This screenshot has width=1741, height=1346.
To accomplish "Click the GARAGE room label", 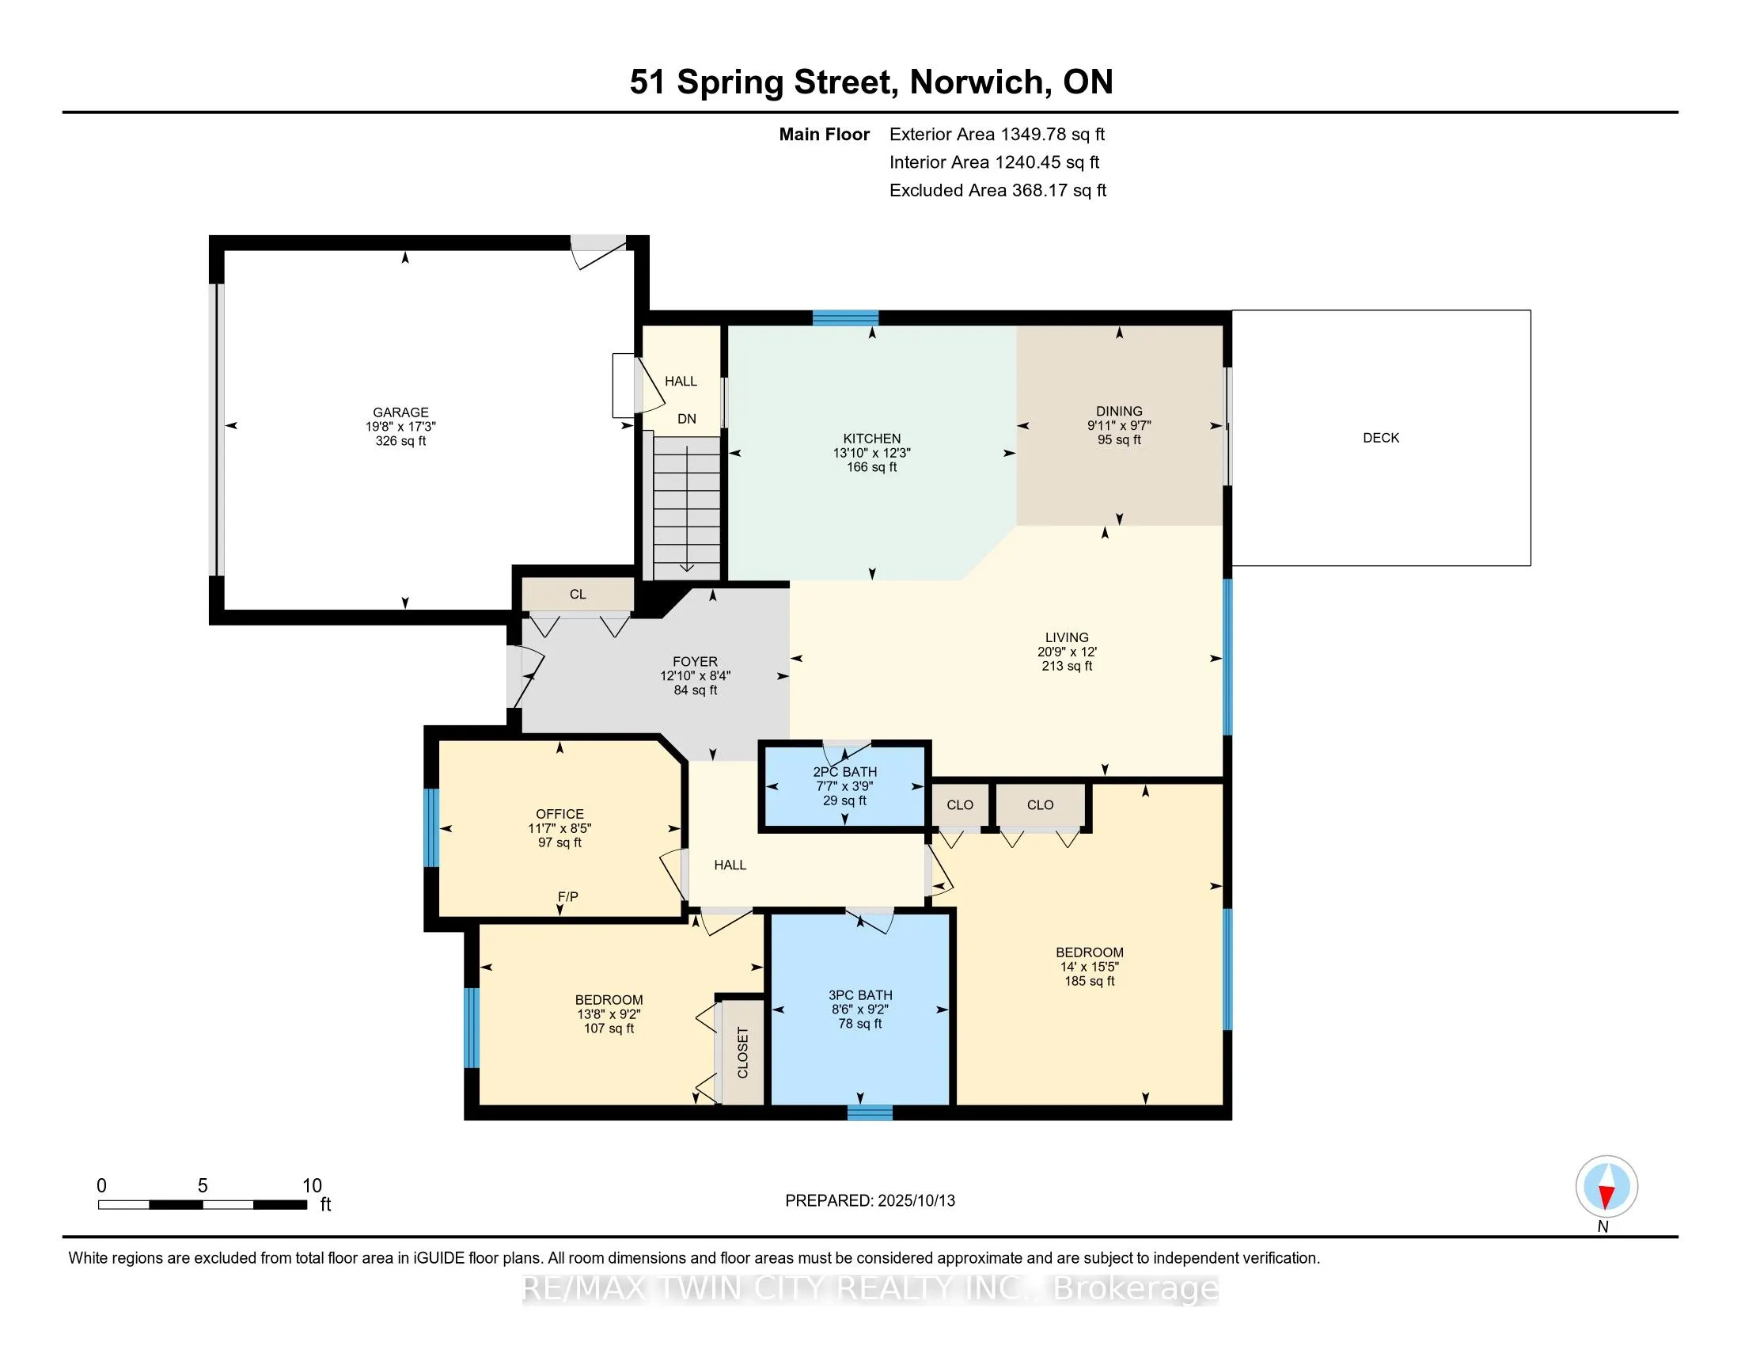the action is tap(400, 413).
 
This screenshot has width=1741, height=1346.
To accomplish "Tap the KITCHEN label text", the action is tap(871, 439).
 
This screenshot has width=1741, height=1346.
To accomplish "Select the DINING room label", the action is tap(1118, 412).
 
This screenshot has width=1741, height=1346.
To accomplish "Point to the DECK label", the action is tap(1381, 438).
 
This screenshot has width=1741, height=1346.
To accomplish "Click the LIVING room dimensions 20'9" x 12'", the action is tap(1067, 652).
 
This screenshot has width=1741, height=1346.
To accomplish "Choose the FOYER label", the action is tap(694, 661).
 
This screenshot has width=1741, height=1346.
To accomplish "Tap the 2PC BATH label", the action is tap(844, 772).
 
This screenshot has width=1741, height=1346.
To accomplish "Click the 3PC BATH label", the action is tap(859, 995).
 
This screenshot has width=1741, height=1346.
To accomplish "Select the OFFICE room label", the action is tap(559, 814).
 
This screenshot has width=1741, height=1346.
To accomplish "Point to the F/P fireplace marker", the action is tap(567, 897).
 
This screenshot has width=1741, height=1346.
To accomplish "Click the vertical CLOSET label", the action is tap(742, 1052).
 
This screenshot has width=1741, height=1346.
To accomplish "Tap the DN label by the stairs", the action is tap(686, 419).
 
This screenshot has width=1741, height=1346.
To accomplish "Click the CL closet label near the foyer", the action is tap(578, 594).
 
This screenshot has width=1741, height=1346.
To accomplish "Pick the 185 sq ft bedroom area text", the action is tap(1089, 981).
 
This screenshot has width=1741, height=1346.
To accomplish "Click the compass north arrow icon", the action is tap(1606, 1187).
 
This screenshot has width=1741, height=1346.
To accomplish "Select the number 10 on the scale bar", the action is tap(312, 1186).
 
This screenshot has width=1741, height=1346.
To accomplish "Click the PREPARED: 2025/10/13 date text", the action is tap(870, 1201).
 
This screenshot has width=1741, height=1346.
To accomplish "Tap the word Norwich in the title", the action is tap(977, 82).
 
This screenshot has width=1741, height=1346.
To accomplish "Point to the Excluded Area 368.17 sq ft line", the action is tap(997, 191).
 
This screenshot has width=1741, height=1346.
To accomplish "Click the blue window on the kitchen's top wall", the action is tap(845, 317).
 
